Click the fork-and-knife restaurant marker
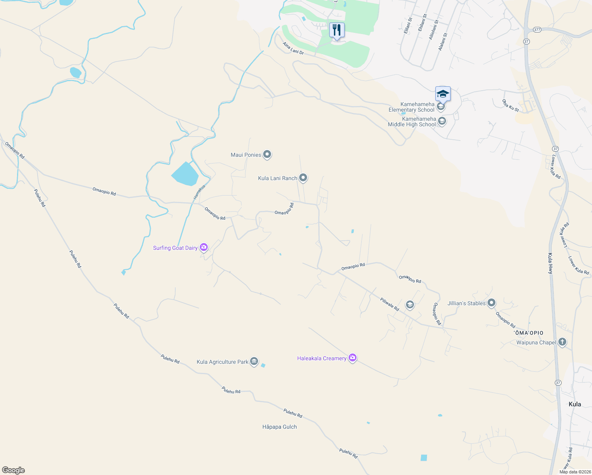coord(337,30)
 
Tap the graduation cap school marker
coord(443,94)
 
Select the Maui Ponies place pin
coord(267,154)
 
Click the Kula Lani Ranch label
coord(277,179)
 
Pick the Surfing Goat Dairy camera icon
coord(204,247)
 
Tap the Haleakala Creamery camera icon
coord(353,358)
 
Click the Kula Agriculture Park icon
coord(254,361)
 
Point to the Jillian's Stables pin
coord(491,303)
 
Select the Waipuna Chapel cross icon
coord(562,342)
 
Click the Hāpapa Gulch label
coord(279,427)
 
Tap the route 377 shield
coord(537,30)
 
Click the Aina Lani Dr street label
coord(293,48)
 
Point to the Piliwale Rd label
coord(389,304)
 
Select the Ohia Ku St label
coord(510,106)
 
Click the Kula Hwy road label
coord(550,264)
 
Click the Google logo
coord(13,470)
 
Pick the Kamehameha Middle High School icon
coord(442,121)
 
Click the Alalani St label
coord(442,42)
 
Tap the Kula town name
coord(575,404)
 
